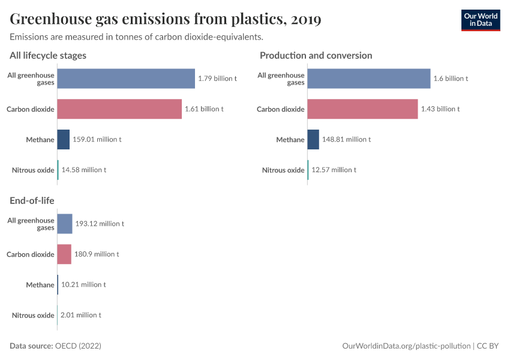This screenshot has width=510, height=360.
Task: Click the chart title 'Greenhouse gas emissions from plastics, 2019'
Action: [x=165, y=19]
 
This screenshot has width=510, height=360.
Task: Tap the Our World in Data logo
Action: [x=481, y=20]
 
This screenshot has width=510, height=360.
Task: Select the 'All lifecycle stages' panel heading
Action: [x=48, y=55]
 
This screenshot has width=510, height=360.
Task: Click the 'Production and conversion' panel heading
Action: [x=316, y=55]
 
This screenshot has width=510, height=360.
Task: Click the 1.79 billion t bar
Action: [x=126, y=79]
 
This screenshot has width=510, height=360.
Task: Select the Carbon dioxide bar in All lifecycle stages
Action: [x=119, y=109]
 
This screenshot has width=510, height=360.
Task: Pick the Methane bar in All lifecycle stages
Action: [x=64, y=139]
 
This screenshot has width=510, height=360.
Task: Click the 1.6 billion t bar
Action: [x=369, y=79]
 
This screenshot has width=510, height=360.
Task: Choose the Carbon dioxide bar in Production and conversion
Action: [x=362, y=109]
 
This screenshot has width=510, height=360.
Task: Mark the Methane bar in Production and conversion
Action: [x=313, y=139]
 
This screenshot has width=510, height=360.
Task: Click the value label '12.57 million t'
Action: [x=334, y=170]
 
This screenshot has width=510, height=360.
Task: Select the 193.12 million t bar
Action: [x=65, y=224]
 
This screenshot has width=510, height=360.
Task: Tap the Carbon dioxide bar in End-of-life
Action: [x=64, y=254]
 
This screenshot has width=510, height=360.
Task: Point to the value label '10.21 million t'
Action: [x=83, y=284]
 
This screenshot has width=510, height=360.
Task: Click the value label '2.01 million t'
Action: [x=81, y=315]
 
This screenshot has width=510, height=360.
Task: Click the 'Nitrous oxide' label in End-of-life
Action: [x=33, y=315]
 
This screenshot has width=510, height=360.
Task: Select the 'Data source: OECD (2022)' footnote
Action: [x=55, y=346]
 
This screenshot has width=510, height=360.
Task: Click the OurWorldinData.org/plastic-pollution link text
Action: [x=406, y=346]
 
